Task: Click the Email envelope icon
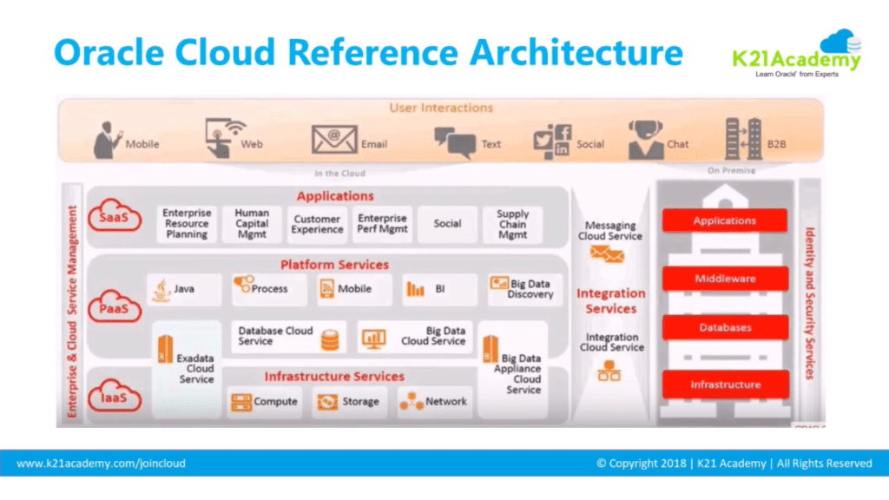(335, 140)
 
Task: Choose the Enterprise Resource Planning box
(187, 223)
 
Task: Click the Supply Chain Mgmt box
(512, 223)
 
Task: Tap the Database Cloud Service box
(288, 337)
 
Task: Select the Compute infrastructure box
(265, 402)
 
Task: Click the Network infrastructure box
(434, 402)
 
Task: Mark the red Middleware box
(725, 279)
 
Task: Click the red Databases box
(725, 328)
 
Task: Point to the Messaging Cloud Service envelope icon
(607, 253)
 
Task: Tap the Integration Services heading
(611, 301)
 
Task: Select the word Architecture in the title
(576, 52)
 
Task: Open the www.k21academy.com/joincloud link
(102, 464)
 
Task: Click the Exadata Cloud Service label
(196, 368)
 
